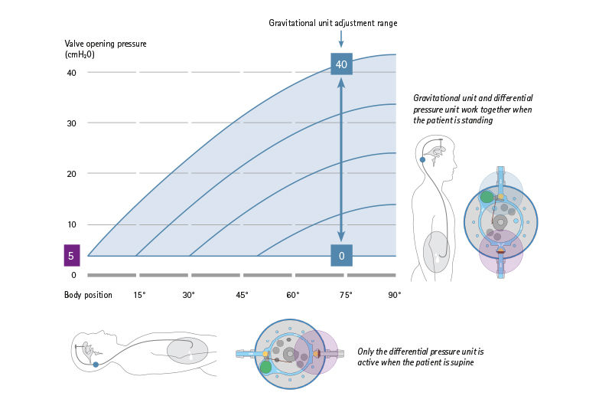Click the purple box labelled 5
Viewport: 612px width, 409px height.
point(70,256)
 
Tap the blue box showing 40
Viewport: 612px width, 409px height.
point(341,64)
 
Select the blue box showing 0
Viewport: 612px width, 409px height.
point(341,256)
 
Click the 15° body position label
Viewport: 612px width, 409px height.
point(139,295)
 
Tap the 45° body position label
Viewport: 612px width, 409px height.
point(243,295)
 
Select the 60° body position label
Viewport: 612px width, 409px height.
point(293,295)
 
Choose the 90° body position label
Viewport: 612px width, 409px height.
point(395,295)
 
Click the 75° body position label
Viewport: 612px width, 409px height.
point(344,295)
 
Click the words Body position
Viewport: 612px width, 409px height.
point(88,295)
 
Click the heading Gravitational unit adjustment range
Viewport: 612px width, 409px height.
point(333,23)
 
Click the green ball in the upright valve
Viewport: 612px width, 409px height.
point(487,197)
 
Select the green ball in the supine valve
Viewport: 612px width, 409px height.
point(265,367)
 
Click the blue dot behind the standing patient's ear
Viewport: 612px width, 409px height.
point(423,160)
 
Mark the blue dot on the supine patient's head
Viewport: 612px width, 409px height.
point(96,365)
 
